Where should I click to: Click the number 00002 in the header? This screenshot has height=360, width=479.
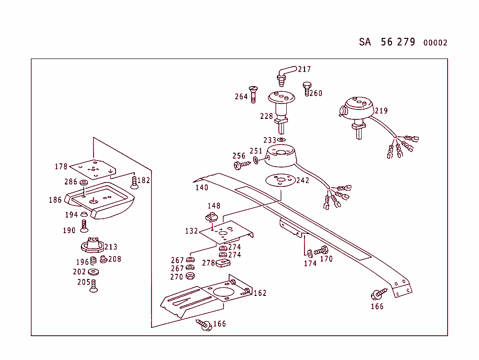[435, 43]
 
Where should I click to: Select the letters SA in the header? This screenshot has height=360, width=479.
[365, 42]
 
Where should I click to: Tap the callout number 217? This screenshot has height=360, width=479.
[304, 69]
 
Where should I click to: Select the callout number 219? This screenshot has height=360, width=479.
[381, 111]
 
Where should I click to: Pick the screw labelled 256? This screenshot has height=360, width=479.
[242, 165]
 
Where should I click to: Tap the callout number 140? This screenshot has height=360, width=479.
[202, 188]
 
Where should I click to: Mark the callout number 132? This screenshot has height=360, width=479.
[191, 231]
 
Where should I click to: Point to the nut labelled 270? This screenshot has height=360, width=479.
[190, 276]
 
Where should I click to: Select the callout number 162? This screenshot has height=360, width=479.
[260, 293]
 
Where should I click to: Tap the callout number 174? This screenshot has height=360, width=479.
[310, 263]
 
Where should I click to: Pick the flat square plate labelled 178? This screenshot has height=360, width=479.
[95, 169]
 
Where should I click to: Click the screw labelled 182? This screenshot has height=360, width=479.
[134, 182]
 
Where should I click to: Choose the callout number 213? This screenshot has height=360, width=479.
[111, 247]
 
